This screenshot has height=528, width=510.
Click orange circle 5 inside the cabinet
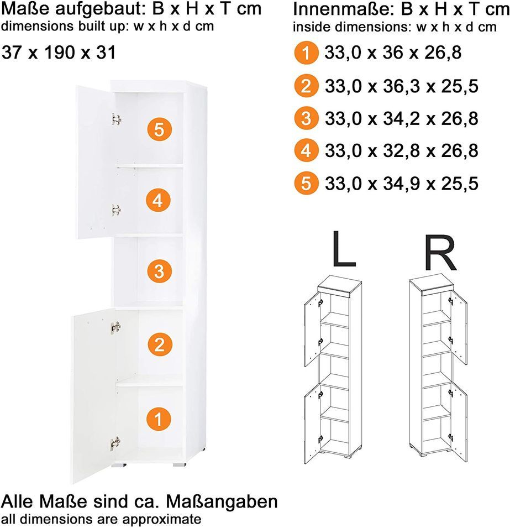159,129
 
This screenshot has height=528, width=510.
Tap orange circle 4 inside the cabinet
158,201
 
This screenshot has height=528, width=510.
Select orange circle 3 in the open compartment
160,271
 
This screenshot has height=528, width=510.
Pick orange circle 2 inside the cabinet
160,345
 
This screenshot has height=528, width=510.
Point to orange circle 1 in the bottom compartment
159,420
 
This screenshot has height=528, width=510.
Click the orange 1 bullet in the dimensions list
306,53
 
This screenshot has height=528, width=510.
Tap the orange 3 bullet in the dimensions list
306,118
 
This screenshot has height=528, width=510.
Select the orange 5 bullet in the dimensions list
306,184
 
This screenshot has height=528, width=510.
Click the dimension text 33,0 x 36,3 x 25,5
401,86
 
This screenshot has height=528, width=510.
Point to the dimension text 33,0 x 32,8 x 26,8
401,150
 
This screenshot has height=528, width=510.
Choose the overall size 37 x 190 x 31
59,53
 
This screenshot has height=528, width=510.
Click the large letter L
344,249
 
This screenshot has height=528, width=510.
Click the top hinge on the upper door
116,119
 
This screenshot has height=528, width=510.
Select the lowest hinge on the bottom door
115,443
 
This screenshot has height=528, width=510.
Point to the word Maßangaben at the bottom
222,501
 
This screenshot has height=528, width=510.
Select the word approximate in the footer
161,519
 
